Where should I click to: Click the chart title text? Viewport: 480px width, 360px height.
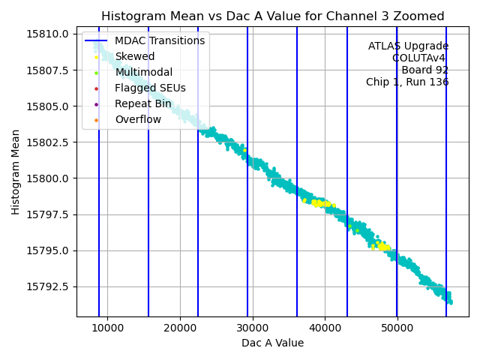pyautogui.click(x=272, y=16)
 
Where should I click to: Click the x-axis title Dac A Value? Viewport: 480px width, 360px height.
pyautogui.click(x=272, y=343)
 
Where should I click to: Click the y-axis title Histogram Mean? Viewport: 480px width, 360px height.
pyautogui.click(x=16, y=172)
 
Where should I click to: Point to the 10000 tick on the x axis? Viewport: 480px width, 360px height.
pyautogui.click(x=107, y=328)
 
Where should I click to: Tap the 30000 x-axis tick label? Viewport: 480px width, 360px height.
pyautogui.click(x=252, y=328)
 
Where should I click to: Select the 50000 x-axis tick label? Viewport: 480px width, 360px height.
pyautogui.click(x=397, y=328)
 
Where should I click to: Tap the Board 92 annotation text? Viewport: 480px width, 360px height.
pyautogui.click(x=424, y=70)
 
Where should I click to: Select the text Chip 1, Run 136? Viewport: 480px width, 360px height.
pyautogui.click(x=407, y=82)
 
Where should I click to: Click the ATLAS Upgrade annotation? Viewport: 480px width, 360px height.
pyautogui.click(x=408, y=46)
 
